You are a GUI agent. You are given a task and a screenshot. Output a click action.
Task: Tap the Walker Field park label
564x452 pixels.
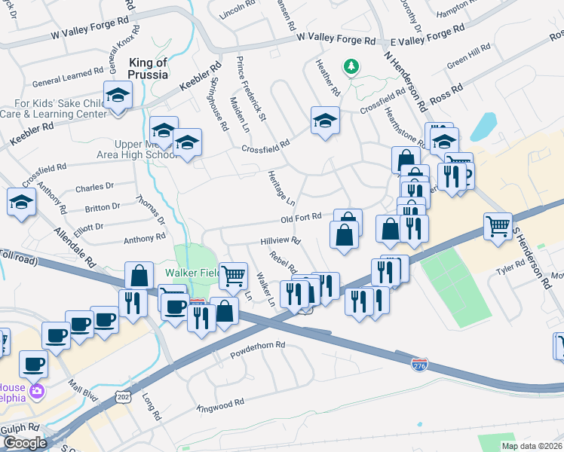pyautogui.click(x=193, y=272)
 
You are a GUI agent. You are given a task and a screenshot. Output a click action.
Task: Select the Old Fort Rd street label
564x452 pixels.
pyautogui.click(x=301, y=219)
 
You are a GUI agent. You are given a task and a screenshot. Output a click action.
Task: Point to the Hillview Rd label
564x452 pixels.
pyautogui.click(x=280, y=242)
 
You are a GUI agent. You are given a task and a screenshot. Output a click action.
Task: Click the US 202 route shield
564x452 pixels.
pyautogui.click(x=124, y=395)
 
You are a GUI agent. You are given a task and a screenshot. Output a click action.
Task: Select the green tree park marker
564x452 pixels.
pyautogui.click(x=351, y=68)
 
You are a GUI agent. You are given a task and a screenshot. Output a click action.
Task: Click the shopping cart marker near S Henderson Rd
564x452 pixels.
pyautogui.click(x=498, y=225)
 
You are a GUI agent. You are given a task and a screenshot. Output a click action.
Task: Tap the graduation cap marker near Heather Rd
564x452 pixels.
pyautogui.click(x=325, y=120)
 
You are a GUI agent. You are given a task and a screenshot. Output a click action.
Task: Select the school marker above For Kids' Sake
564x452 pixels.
pyautogui.click(x=118, y=95)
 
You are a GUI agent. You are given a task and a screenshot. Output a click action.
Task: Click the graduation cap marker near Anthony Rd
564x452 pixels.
pyautogui.click(x=21, y=202)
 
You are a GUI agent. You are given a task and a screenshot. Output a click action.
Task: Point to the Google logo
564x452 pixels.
pyautogui.click(x=24, y=443)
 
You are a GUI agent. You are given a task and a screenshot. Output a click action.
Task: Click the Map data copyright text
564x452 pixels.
pyautogui.click(x=532, y=446)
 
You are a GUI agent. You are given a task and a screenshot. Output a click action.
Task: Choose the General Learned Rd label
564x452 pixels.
pyautogui.click(x=67, y=73)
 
